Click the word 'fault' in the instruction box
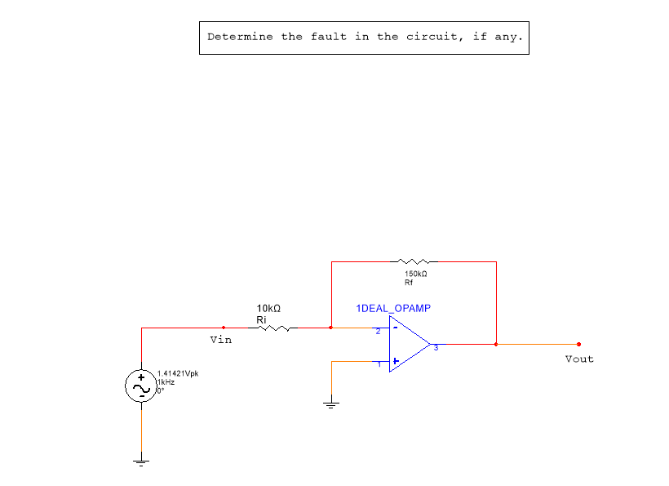click(328, 37)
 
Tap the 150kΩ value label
click(415, 274)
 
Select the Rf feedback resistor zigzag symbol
click(415, 261)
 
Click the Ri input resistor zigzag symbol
click(273, 328)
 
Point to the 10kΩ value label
click(268, 309)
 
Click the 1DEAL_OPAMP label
click(393, 309)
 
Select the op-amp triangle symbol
click(408, 344)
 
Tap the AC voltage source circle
click(141, 387)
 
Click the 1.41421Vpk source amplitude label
click(178, 374)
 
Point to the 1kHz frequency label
click(166, 382)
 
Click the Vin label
click(220, 340)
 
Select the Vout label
click(579, 359)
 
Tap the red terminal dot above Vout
click(578, 344)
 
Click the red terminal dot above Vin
click(223, 328)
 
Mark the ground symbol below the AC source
click(141, 463)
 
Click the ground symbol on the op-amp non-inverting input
click(330, 404)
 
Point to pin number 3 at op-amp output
click(436, 349)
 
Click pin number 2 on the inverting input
click(378, 332)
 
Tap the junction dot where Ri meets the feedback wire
click(330, 328)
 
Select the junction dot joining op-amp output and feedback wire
click(496, 344)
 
